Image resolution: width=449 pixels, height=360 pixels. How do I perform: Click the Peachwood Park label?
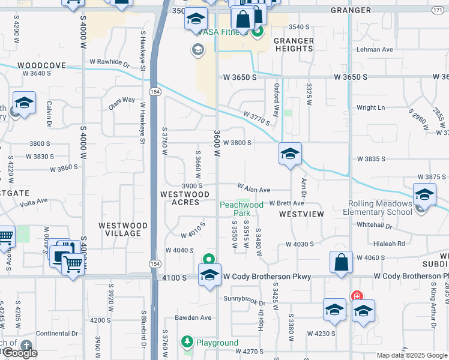coord(241,209)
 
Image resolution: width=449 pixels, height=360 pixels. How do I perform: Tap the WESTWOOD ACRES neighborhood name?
coord(185,198)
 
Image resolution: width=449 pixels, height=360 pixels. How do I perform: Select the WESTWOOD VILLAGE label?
coord(123,229)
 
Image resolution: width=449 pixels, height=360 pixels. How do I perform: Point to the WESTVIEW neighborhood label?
coord(301,214)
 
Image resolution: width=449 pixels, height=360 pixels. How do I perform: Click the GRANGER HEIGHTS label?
coord(294,45)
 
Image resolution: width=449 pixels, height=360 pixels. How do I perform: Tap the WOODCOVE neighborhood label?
coord(41,65)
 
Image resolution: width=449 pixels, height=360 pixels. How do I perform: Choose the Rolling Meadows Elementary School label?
coord(378,208)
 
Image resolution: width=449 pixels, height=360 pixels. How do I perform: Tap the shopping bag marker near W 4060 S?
coord(341,263)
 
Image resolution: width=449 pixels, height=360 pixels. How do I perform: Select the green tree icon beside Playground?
coord(187,342)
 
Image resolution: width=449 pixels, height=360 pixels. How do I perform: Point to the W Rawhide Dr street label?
coord(110,62)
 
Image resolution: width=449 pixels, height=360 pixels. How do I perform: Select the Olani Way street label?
coord(121,100)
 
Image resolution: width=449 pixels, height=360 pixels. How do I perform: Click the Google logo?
coord(19,353)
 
